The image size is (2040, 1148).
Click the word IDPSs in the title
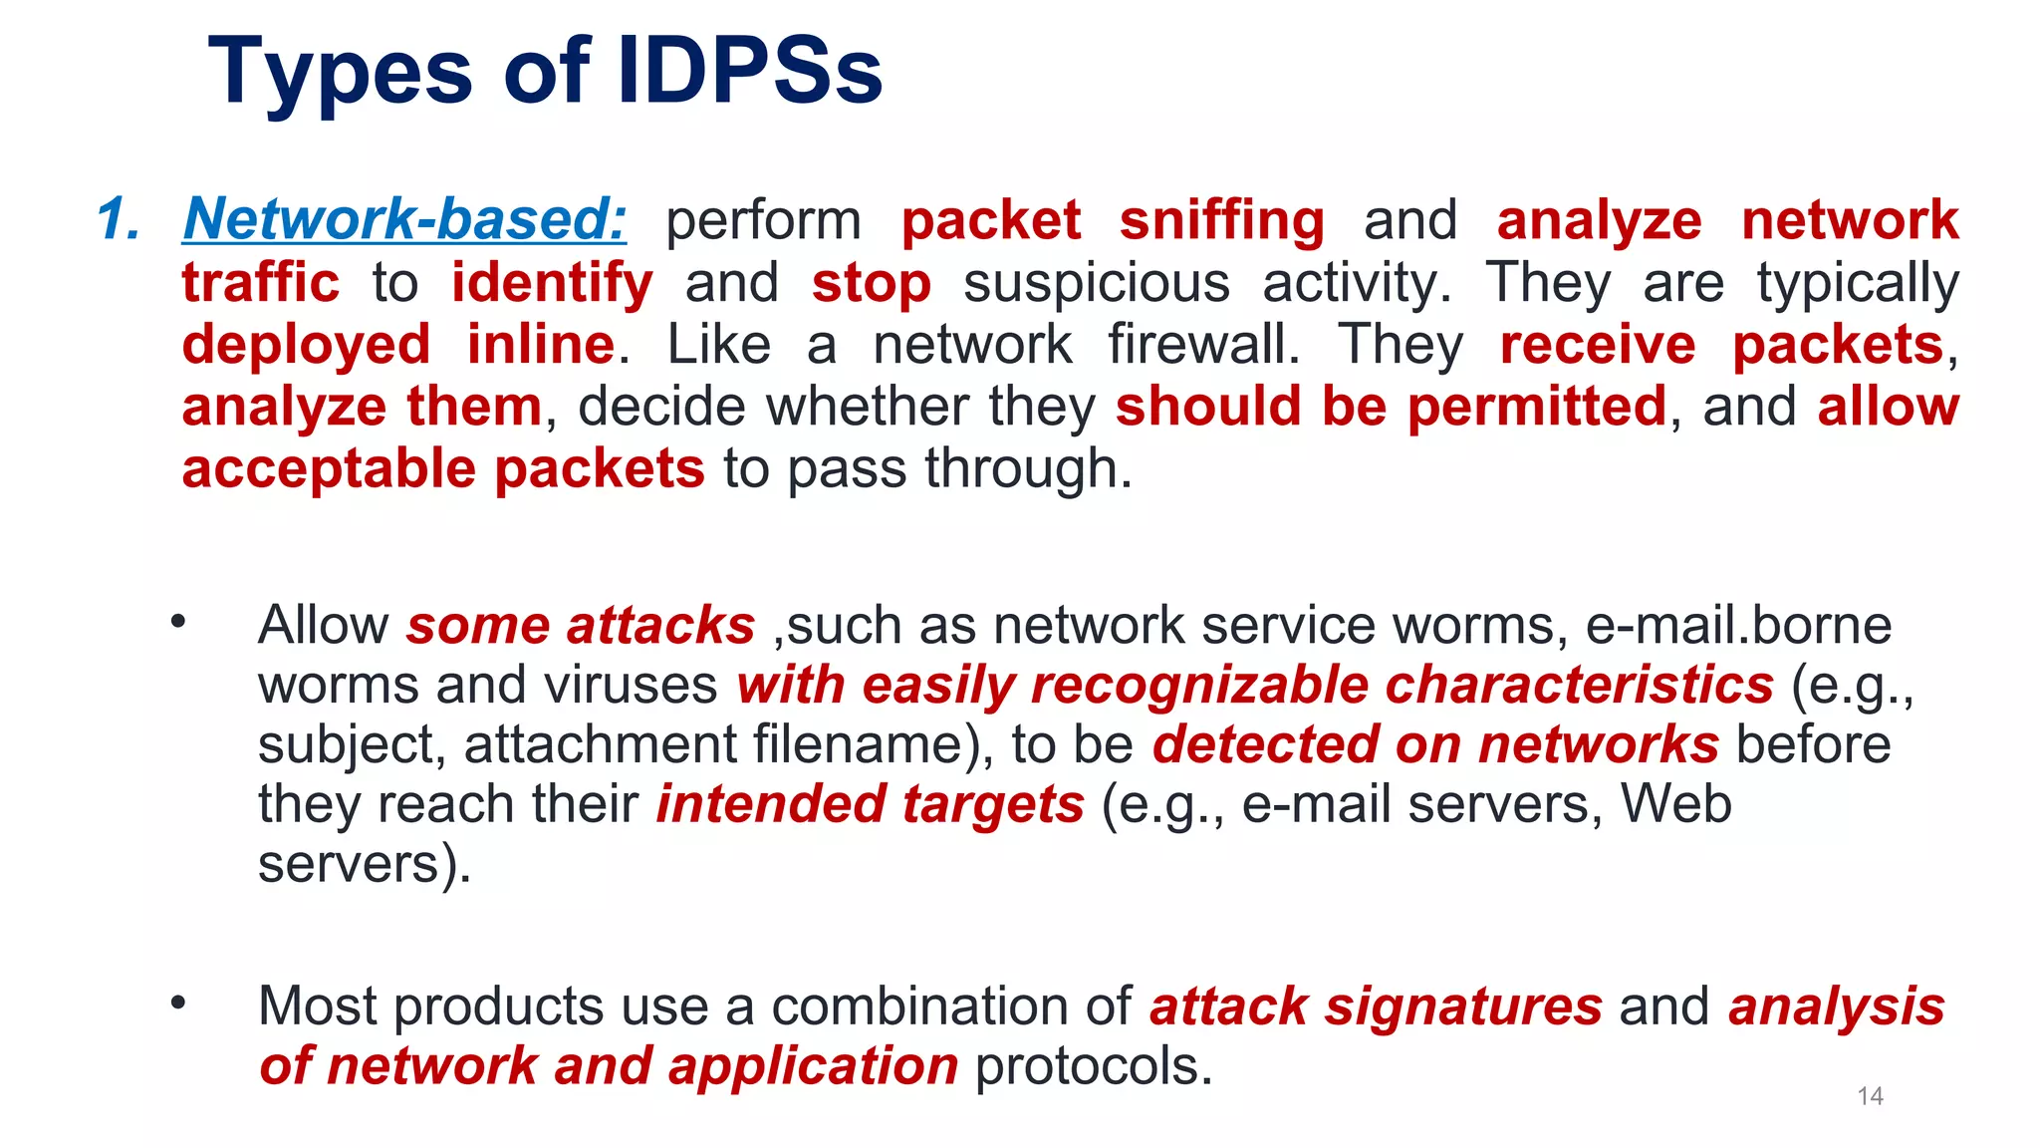pyautogui.click(x=749, y=72)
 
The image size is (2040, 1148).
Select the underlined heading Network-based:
pyautogui.click(x=404, y=219)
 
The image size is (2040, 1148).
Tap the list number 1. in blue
pyautogui.click(x=119, y=219)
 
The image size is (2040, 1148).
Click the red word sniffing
pyautogui.click(x=1221, y=221)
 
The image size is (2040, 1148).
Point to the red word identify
pyautogui.click(x=552, y=284)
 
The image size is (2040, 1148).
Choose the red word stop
pyautogui.click(x=871, y=284)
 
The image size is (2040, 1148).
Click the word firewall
pyautogui.click(x=1203, y=345)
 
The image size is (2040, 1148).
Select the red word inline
pyautogui.click(x=541, y=345)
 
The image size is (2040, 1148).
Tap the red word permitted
pyautogui.click(x=1536, y=407)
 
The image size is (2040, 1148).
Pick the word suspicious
pyautogui.click(x=1097, y=284)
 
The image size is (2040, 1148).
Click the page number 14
pyautogui.click(x=1870, y=1096)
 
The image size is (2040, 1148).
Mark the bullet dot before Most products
pyautogui.click(x=178, y=1003)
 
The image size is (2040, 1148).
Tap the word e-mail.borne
pyautogui.click(x=1737, y=626)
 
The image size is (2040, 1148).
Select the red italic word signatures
pyautogui.click(x=1462, y=1006)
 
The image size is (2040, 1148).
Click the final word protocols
pyautogui.click(x=1093, y=1066)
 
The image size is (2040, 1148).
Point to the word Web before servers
pyautogui.click(x=1675, y=804)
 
